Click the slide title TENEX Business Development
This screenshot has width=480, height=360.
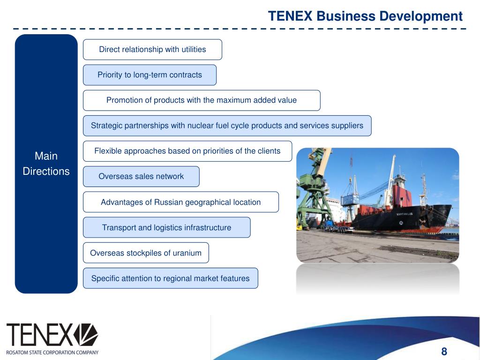(x=365, y=16)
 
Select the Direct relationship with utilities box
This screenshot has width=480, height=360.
(x=152, y=50)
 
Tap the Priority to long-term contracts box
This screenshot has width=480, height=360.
(x=150, y=75)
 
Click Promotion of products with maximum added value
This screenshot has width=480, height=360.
(x=202, y=100)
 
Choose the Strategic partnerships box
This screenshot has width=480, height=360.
(x=227, y=126)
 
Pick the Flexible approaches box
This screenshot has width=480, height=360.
(x=187, y=151)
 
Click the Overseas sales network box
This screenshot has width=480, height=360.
(x=141, y=176)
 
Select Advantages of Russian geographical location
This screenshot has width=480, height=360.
(x=180, y=202)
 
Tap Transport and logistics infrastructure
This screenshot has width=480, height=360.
(x=166, y=227)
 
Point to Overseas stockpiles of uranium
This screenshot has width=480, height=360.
(x=146, y=253)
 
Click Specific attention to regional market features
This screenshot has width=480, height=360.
(x=170, y=278)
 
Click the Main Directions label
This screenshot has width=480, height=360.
(x=46, y=164)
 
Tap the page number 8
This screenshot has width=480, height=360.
(x=444, y=352)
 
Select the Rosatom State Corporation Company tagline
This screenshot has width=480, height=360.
(x=52, y=352)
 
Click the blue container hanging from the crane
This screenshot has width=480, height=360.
(x=350, y=199)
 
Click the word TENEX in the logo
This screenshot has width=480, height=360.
(x=40, y=335)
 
